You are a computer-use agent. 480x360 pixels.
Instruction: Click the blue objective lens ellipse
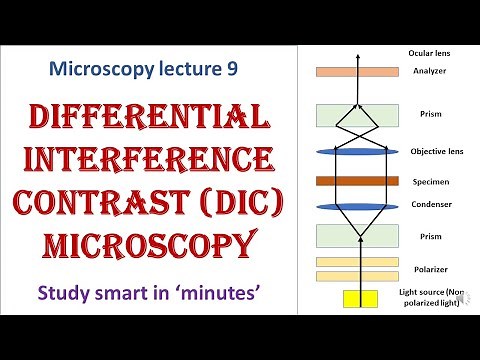358,151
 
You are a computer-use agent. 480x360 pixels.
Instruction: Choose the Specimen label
429,182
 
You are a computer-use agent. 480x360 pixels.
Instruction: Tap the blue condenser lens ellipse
358,207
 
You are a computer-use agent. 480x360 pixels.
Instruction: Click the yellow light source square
358,298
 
